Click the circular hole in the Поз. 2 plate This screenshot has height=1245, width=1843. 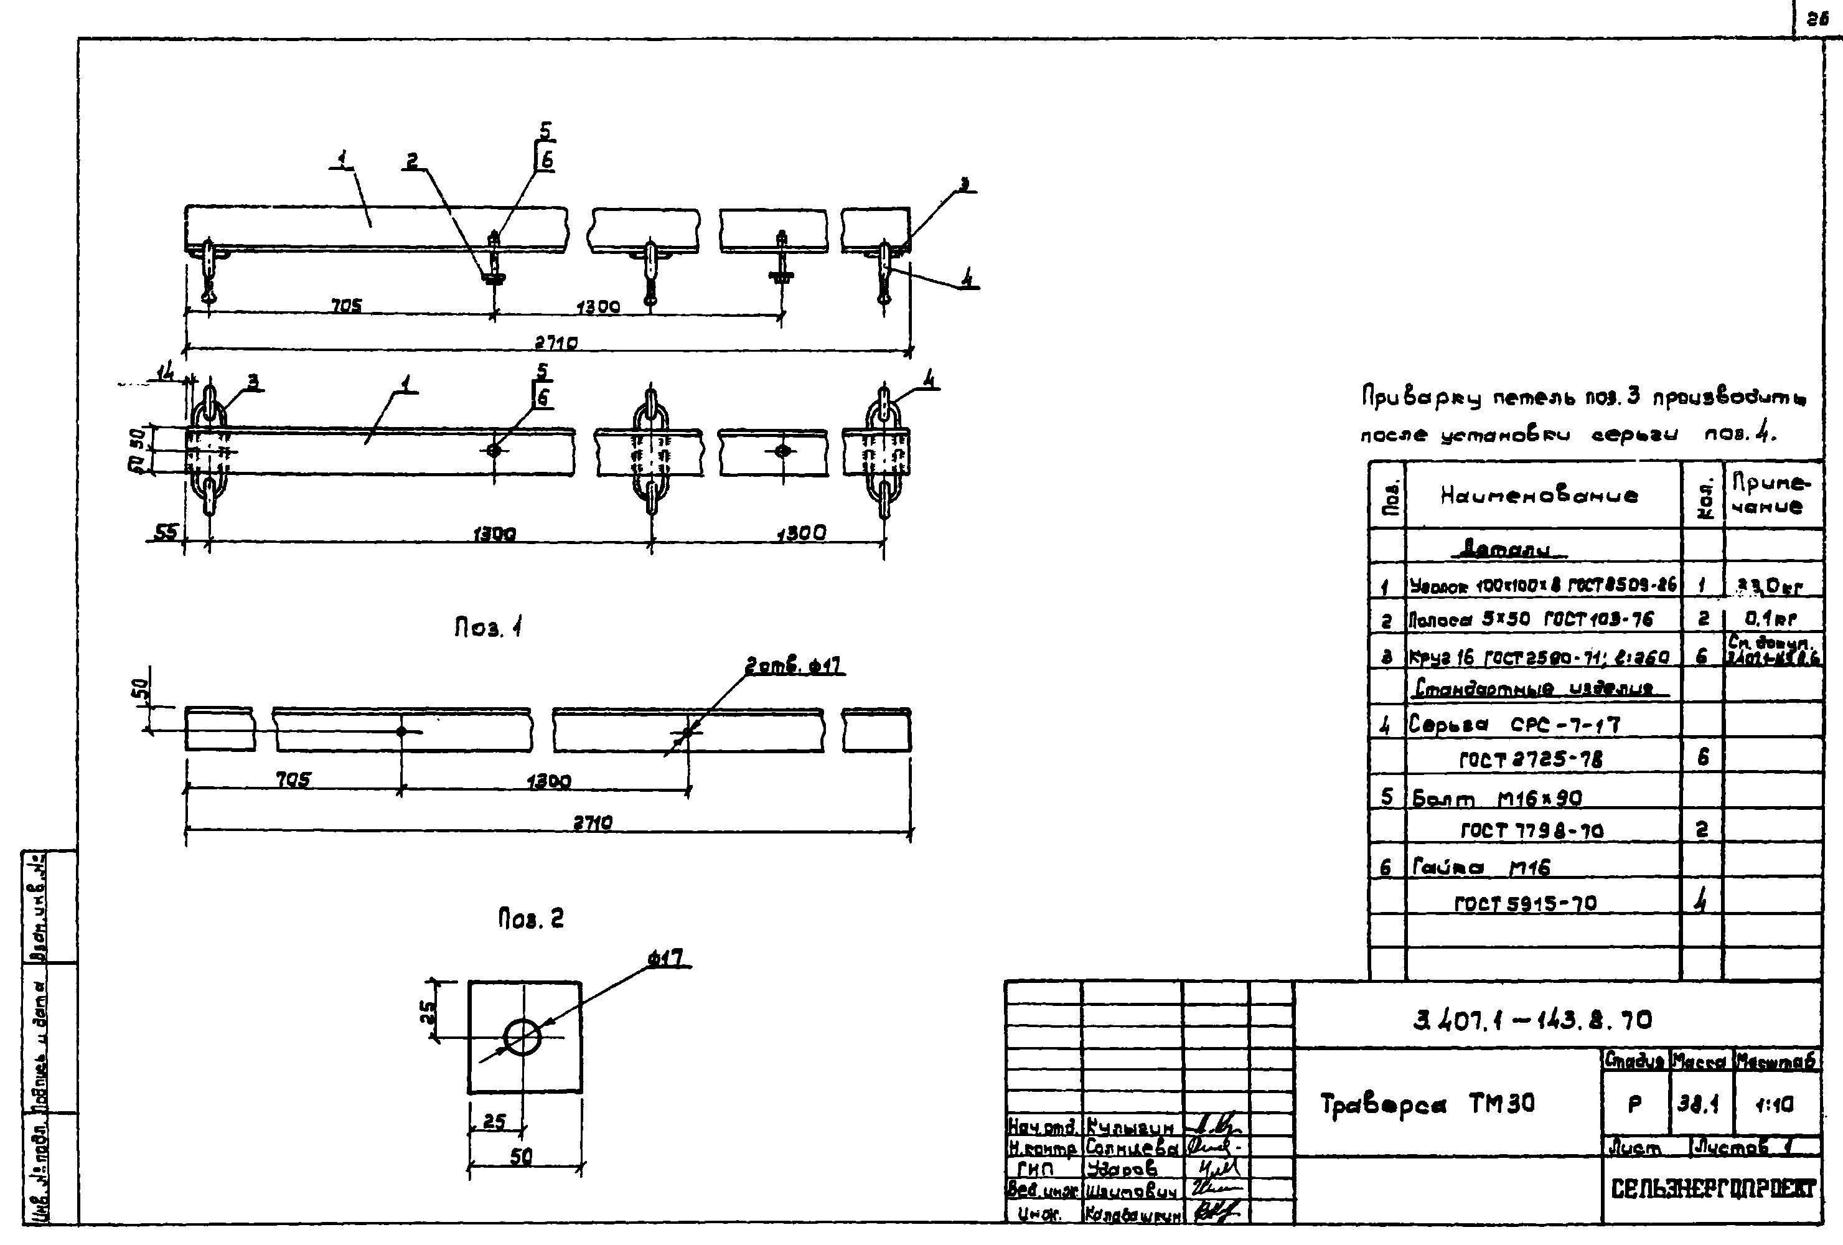(x=522, y=1036)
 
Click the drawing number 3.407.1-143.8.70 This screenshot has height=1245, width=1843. (x=1533, y=1019)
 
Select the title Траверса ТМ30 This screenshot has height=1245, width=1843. (x=1427, y=1104)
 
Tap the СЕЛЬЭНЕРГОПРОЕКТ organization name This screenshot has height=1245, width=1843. (x=1713, y=1189)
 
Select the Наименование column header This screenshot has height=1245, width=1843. (x=1539, y=496)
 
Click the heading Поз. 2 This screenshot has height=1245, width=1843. (x=530, y=919)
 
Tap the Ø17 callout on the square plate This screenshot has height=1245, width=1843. (x=666, y=959)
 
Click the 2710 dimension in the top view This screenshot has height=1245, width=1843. (x=556, y=342)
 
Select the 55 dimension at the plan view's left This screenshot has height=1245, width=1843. (x=166, y=532)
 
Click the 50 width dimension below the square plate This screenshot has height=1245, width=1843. (x=521, y=1157)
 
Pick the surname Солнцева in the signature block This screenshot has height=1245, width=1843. (x=1132, y=1147)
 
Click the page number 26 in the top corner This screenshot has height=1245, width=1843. (x=1817, y=20)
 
